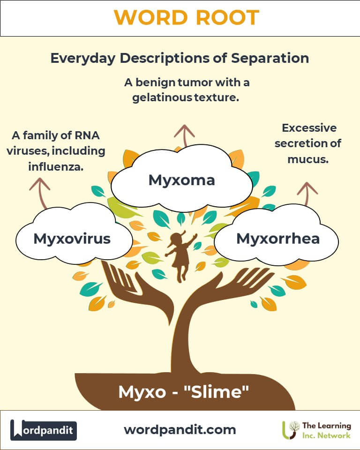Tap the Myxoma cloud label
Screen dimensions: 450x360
pyautogui.click(x=181, y=180)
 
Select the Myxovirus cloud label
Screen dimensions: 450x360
pyautogui.click(x=72, y=238)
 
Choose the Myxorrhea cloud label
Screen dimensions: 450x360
pyautogui.click(x=278, y=238)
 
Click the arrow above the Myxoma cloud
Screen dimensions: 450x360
pyautogui.click(x=184, y=135)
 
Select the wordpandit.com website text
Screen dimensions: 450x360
pyautogui.click(x=180, y=429)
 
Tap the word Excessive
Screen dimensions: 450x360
pyautogui.click(x=309, y=127)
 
